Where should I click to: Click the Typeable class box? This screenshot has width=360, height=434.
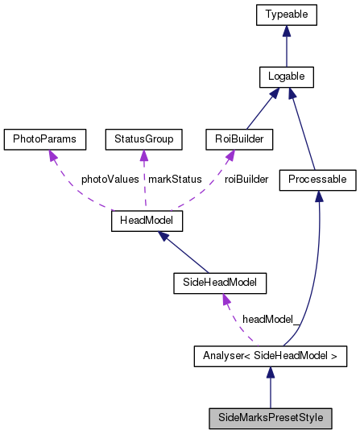[286, 14]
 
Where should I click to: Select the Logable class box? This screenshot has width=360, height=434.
[286, 77]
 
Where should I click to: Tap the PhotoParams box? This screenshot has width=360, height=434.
[45, 139]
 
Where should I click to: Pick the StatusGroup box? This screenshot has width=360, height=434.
[144, 139]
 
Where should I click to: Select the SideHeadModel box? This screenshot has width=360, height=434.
[219, 283]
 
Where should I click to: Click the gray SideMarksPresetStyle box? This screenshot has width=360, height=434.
[270, 418]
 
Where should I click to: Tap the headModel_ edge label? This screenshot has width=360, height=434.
[271, 319]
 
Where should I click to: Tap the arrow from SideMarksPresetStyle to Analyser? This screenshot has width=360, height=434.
[270, 387]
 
